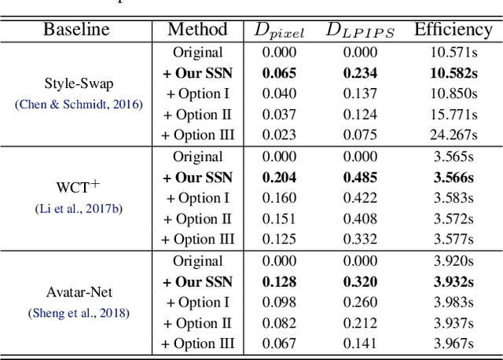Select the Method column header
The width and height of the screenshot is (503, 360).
tap(197, 31)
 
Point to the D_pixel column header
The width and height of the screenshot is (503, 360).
tap(279, 31)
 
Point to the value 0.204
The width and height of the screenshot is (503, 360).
tap(279, 178)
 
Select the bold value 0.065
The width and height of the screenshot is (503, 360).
tap(279, 73)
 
